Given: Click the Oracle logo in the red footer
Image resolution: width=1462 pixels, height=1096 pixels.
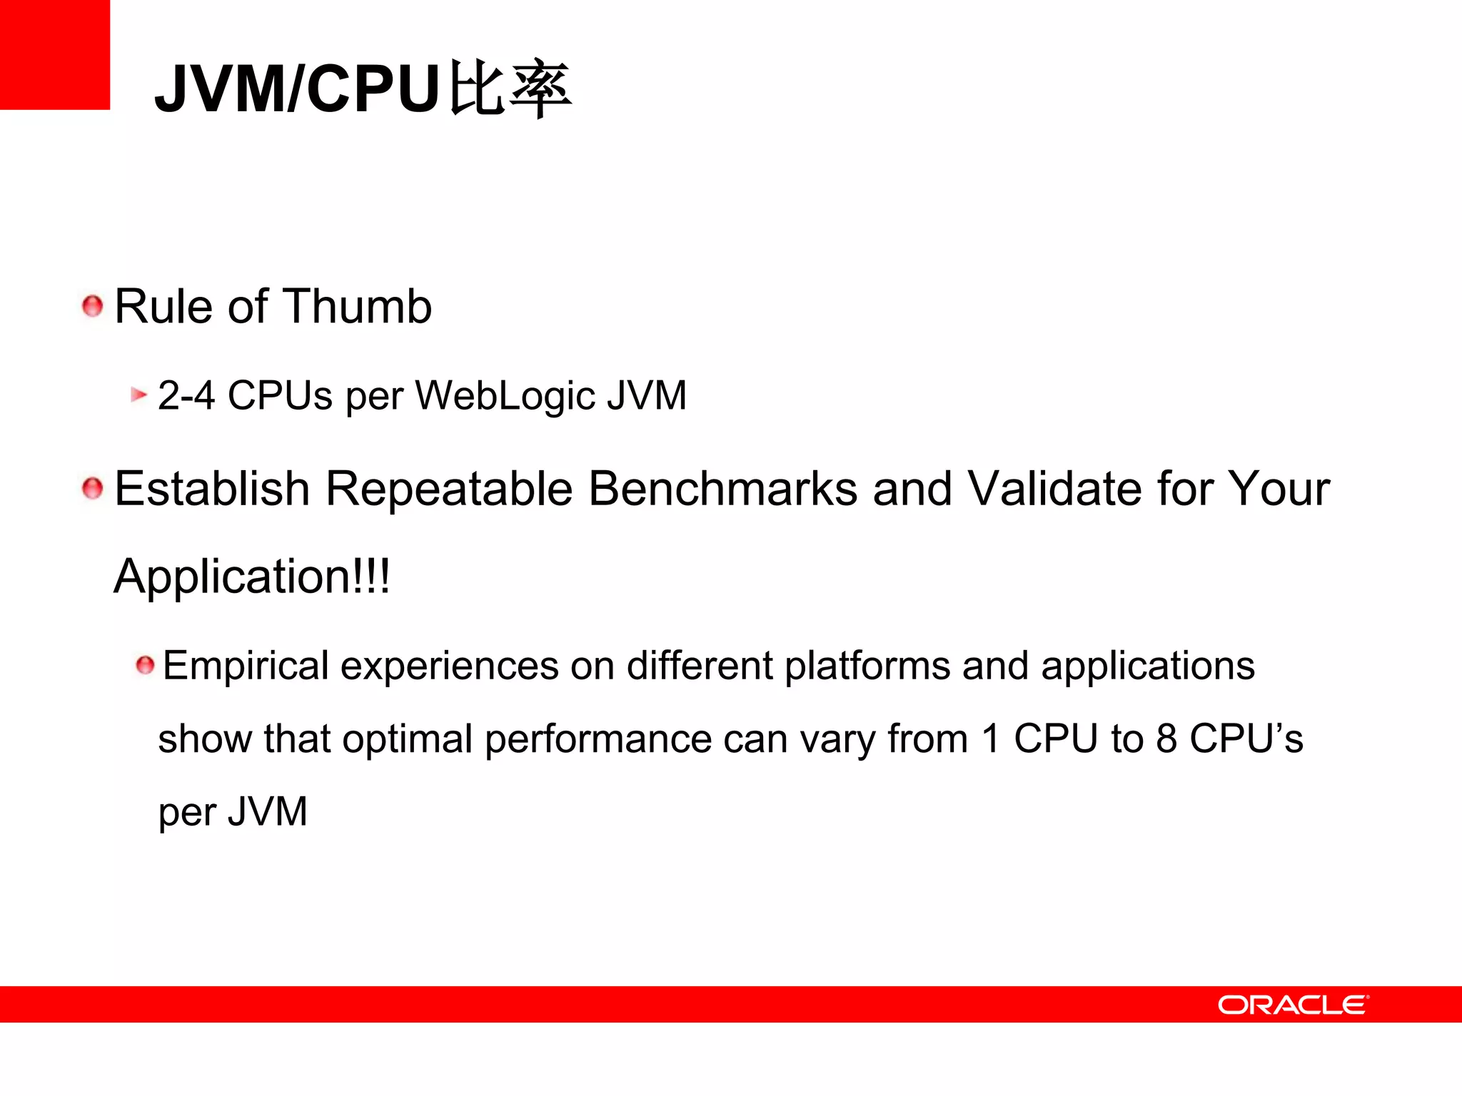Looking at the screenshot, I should (1292, 1005).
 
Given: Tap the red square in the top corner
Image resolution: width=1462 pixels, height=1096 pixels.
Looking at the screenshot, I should (54, 54).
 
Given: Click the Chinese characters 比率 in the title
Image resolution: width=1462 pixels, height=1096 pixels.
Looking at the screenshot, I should (510, 90).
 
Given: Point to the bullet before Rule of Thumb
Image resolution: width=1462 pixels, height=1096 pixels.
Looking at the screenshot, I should (93, 307).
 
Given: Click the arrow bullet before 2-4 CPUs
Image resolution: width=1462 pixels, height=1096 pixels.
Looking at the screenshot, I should (138, 395).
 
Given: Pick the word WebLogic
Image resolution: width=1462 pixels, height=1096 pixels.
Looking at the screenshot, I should (505, 395).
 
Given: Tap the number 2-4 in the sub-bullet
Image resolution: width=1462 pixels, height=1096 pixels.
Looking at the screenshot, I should (186, 395).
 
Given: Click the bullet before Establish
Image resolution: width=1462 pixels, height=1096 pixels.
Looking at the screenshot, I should (93, 489).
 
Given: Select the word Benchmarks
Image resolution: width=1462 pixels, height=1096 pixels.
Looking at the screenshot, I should (723, 489).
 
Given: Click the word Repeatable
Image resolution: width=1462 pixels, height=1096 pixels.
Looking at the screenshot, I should (449, 489).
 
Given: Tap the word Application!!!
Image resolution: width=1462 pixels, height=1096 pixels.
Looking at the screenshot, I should (252, 577).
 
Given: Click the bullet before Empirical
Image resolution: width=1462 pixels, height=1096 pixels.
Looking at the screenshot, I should (145, 666).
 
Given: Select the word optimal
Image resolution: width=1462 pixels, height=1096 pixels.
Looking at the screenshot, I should (407, 739).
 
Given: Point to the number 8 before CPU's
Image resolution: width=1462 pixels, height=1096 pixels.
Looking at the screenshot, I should (1166, 739).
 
